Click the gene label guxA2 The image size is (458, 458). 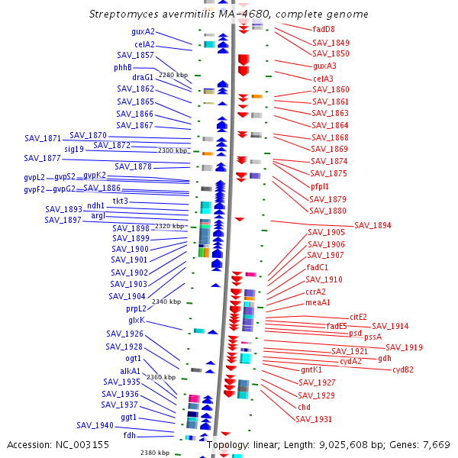pyautogui.click(x=143, y=31)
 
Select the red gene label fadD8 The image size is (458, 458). pyautogui.click(x=324, y=29)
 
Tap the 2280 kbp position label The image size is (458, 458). pyautogui.click(x=173, y=75)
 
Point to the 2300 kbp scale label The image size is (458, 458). pyautogui.click(x=173, y=150)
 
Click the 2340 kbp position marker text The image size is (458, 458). pyautogui.click(x=166, y=302)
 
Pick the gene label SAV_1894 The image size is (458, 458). pyautogui.click(x=373, y=225)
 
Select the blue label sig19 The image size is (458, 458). pyautogui.click(x=74, y=150)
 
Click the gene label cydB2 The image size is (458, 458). pyautogui.click(x=403, y=369)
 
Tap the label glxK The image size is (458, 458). pyautogui.click(x=137, y=320)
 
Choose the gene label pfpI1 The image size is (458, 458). pyautogui.click(x=320, y=186)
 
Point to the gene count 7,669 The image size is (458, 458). pyautogui.click(x=437, y=445)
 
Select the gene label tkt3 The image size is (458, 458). pyautogui.click(x=121, y=201)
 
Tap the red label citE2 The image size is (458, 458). pyautogui.click(x=359, y=317)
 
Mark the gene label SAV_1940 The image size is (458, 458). pyautogui.click(x=95, y=425)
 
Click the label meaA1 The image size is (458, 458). pyautogui.click(x=318, y=302)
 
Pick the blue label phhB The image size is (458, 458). pyautogui.click(x=123, y=67)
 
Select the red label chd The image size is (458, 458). pyautogui.click(x=304, y=407)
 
